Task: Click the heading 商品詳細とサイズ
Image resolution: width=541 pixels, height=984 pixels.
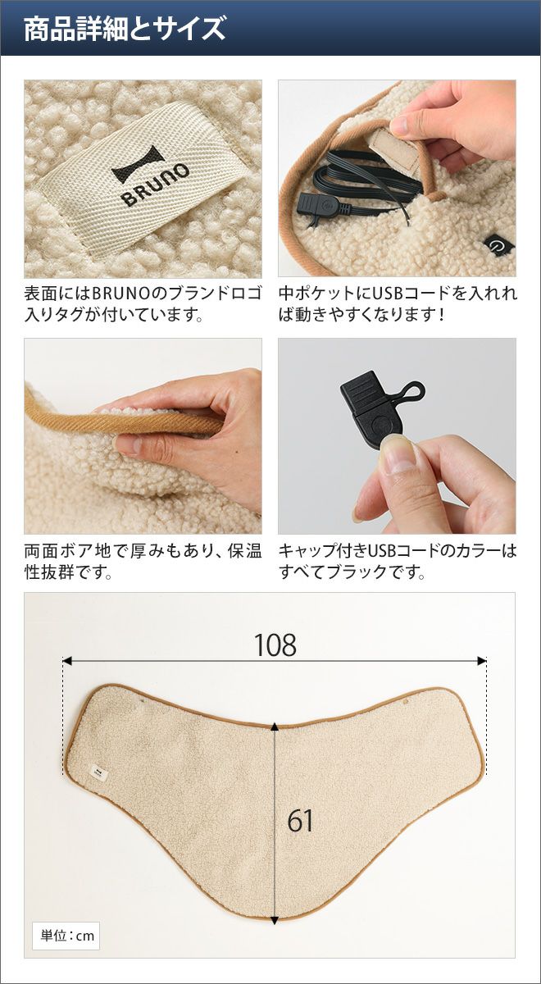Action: (125, 29)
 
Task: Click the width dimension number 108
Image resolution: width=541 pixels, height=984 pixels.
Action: (275, 645)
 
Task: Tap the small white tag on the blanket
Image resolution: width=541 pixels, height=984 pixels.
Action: (97, 772)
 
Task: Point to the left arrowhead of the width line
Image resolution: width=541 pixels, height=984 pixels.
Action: (67, 661)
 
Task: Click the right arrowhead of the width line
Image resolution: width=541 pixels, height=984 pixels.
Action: (482, 661)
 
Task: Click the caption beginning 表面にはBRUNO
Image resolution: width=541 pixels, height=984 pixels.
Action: (143, 303)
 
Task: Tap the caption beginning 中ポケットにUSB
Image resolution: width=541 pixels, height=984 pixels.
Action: (398, 303)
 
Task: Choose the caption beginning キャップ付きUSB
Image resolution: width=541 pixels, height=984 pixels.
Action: (398, 562)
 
